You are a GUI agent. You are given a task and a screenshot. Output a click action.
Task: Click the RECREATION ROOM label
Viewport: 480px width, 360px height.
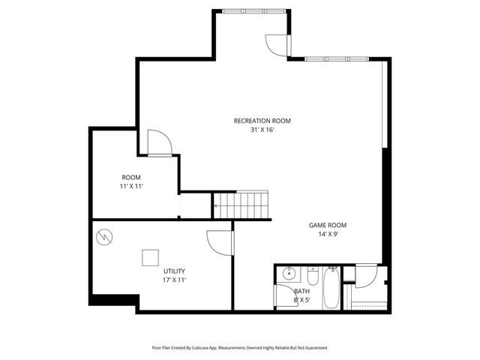click(x=262, y=121)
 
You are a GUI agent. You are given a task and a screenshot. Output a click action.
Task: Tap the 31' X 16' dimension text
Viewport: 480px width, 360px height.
click(x=262, y=130)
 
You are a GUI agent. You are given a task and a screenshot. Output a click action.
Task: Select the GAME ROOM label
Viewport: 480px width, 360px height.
click(x=328, y=225)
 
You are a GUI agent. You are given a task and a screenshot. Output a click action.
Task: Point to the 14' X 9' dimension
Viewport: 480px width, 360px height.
click(x=328, y=234)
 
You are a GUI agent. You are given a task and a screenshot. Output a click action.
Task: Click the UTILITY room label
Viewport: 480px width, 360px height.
click(x=174, y=271)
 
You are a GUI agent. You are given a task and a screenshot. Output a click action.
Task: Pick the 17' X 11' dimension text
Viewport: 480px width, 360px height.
click(x=174, y=280)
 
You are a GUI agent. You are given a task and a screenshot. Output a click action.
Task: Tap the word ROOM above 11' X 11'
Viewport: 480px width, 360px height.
click(x=131, y=178)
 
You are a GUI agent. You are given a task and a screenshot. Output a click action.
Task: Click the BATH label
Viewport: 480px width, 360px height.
click(x=301, y=291)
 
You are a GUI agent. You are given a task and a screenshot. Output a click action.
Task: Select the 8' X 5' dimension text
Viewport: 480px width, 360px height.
click(x=301, y=300)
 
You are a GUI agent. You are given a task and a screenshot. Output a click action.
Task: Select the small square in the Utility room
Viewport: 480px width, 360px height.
click(x=151, y=257)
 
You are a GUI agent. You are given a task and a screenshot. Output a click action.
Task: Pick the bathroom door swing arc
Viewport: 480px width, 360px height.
click(x=365, y=277)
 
